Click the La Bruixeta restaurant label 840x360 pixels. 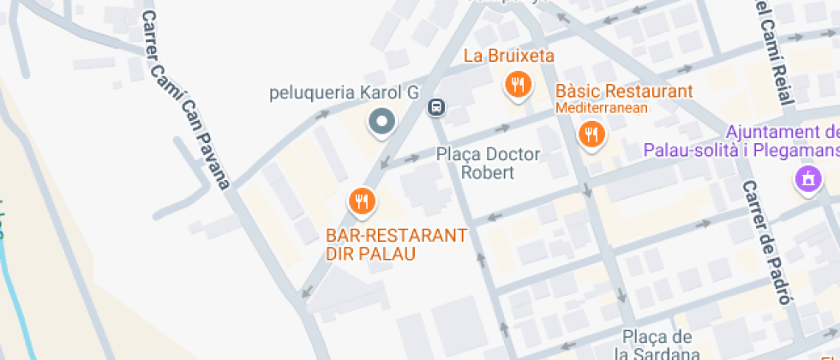coord(509,57)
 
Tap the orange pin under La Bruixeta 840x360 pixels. coord(517,85)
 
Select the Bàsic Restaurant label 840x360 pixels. coord(624,92)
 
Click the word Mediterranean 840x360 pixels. coord(602,108)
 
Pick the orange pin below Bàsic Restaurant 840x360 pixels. coord(590,134)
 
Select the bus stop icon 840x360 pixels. coord(436,107)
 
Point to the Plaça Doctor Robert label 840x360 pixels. coord(488,163)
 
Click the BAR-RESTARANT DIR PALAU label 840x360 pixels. coord(396,244)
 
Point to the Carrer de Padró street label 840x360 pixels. coord(765,243)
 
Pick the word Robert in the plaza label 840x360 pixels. coord(488,172)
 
